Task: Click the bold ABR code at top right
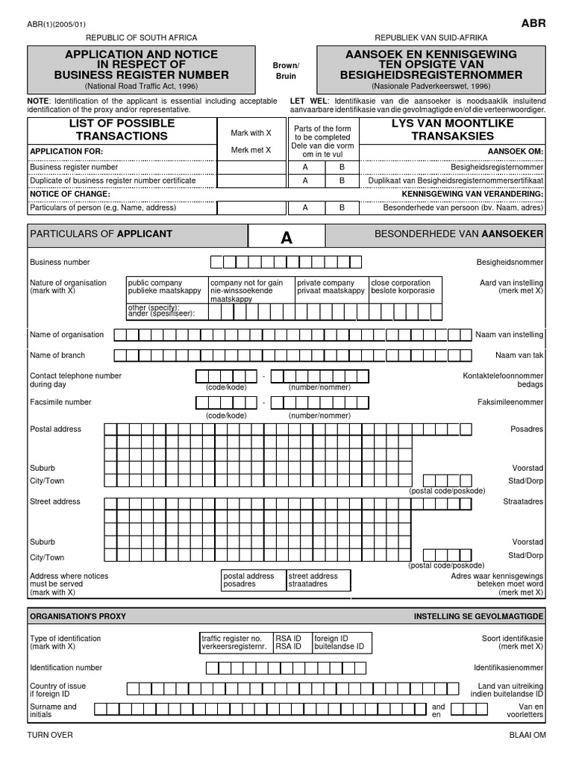click(533, 23)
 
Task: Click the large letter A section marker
click(286, 238)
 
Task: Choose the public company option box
click(166, 287)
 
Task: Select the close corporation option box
click(405, 287)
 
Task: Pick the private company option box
click(331, 287)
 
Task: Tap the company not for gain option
click(251, 289)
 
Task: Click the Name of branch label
click(57, 355)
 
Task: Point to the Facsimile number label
click(60, 402)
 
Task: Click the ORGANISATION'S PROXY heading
click(78, 616)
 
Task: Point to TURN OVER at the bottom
click(50, 735)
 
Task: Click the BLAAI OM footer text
click(527, 735)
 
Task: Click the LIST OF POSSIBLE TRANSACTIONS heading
click(122, 129)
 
